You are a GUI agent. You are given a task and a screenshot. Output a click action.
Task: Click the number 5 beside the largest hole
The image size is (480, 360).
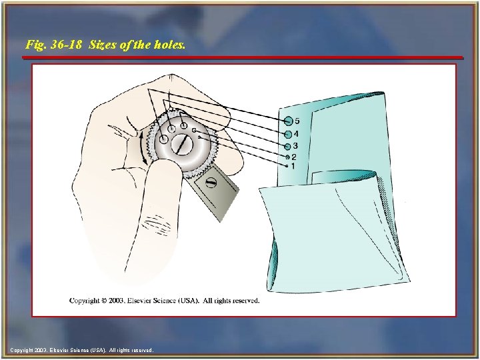point(297,121)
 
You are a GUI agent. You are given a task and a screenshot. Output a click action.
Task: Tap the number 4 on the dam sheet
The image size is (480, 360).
point(296,134)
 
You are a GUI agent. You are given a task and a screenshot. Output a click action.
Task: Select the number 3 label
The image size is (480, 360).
point(295,146)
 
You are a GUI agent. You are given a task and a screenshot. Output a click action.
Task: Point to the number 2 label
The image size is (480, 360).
point(294,157)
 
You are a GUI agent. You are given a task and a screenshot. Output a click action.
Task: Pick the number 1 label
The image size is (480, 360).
point(293,165)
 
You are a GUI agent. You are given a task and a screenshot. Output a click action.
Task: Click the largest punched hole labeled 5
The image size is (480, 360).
point(288,121)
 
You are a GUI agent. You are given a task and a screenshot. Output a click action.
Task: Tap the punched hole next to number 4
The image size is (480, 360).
point(287,134)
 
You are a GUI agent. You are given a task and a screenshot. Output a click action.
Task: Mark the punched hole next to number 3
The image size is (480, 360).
point(287,146)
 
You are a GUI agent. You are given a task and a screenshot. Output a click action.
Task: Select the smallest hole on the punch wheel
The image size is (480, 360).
point(199,137)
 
